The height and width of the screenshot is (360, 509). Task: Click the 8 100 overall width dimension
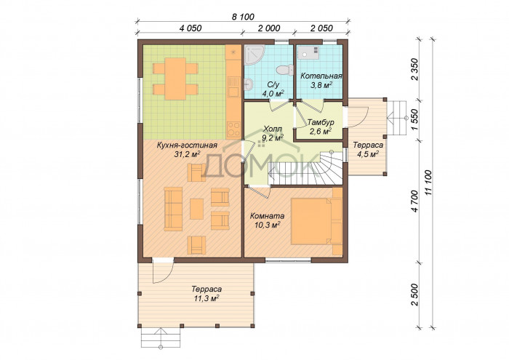(243, 16)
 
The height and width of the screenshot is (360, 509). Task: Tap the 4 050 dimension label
(191, 28)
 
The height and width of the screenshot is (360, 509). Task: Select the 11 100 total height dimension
(429, 183)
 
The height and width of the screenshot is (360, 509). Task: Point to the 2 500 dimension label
(414, 295)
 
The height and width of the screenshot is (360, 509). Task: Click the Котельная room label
(321, 76)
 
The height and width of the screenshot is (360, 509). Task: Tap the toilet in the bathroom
(285, 70)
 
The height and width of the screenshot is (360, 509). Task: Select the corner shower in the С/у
(254, 54)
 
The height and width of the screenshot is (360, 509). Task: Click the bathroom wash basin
(249, 84)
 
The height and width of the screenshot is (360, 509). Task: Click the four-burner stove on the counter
(233, 129)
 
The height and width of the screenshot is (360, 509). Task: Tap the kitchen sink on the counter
(233, 87)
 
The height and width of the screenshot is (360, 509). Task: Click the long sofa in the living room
(173, 209)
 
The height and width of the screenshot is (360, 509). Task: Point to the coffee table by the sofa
(196, 209)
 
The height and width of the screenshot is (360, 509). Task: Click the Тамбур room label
(321, 123)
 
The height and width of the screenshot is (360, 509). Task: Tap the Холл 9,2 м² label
(273, 133)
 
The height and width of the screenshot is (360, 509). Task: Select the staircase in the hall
(305, 169)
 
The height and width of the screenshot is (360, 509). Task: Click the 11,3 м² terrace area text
(207, 299)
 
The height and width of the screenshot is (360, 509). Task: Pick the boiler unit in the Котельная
(309, 52)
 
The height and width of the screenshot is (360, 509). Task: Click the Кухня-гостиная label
(187, 145)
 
